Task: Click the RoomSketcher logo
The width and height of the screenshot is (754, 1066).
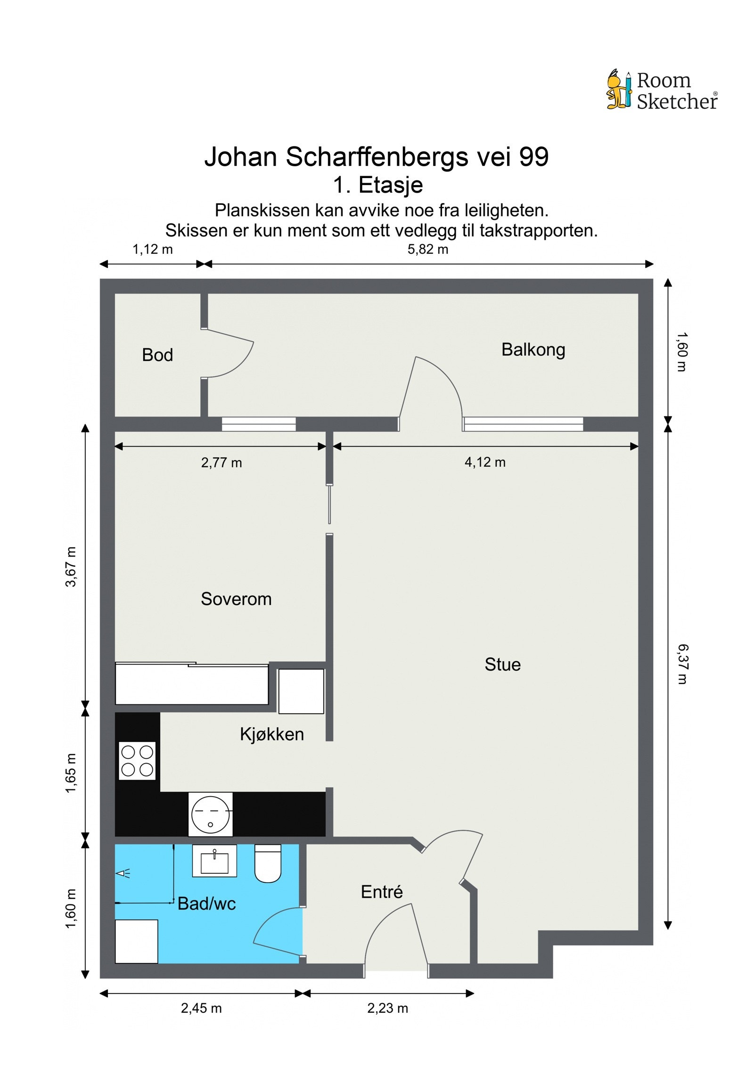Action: point(662,90)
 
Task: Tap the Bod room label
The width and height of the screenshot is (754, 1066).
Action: point(157,355)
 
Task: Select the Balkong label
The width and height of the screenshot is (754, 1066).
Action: point(533,350)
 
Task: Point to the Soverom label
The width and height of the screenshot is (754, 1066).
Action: point(236,599)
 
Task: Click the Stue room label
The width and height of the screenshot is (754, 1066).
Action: point(502,664)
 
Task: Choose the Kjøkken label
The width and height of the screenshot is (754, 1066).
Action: point(272,734)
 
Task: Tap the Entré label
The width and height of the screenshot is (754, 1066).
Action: point(382,892)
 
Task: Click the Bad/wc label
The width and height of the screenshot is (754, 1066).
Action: point(206,903)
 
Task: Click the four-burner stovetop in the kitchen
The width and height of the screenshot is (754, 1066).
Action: point(137,761)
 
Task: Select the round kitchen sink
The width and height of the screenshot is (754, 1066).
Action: point(210,814)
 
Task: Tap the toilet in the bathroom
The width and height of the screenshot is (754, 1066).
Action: point(268,863)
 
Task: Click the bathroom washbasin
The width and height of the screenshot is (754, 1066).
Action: point(214,861)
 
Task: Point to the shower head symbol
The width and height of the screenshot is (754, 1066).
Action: point(123,873)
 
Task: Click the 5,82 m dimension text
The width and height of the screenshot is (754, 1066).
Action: point(427,249)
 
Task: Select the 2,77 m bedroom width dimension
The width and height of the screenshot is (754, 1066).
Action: point(221,463)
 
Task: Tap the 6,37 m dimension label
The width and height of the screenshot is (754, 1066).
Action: point(682,664)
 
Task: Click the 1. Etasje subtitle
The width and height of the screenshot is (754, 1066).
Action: point(378,185)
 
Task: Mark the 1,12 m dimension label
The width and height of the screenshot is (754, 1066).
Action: point(152,249)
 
